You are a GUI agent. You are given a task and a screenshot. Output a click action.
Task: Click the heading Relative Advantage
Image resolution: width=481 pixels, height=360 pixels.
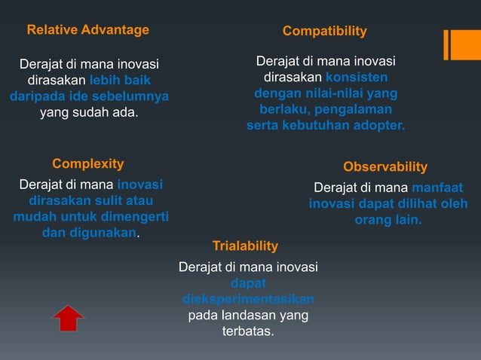(88, 30)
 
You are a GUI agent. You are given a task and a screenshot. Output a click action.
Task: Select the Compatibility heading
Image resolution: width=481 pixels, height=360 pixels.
(324, 31)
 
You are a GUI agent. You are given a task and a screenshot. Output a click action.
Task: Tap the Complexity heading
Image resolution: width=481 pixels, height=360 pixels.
(88, 163)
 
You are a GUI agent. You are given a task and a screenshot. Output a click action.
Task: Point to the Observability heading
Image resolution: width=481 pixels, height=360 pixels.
(384, 166)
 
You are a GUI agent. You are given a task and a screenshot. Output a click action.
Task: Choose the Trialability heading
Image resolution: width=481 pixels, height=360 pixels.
(245, 246)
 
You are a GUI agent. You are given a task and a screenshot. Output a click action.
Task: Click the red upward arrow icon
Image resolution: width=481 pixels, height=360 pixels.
(68, 318)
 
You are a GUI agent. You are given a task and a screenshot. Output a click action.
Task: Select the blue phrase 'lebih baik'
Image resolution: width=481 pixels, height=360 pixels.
(120, 80)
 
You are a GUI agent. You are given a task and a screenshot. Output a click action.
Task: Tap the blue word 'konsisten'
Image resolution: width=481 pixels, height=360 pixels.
(357, 78)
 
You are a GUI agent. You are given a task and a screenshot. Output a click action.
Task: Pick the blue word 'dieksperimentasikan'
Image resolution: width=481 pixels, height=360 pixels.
(248, 299)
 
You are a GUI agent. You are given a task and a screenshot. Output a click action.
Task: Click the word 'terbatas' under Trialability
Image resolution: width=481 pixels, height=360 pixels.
(248, 331)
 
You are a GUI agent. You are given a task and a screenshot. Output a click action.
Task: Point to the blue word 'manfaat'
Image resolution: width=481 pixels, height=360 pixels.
(438, 188)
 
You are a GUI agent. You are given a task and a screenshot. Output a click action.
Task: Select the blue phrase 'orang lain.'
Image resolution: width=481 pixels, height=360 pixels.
(388, 220)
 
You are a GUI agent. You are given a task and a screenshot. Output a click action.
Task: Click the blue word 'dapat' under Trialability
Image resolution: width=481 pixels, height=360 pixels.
(247, 283)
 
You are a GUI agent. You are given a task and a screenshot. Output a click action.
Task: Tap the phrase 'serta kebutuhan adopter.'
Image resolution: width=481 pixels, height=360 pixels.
(326, 125)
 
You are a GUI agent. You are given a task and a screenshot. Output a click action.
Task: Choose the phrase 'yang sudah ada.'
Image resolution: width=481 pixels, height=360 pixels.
(89, 113)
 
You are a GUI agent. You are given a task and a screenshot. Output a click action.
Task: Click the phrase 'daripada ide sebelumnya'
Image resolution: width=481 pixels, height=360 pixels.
(89, 96)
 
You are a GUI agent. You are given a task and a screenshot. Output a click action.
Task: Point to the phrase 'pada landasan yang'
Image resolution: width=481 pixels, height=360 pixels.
(248, 315)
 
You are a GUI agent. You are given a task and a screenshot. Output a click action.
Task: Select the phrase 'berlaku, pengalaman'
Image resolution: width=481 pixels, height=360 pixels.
(326, 109)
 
